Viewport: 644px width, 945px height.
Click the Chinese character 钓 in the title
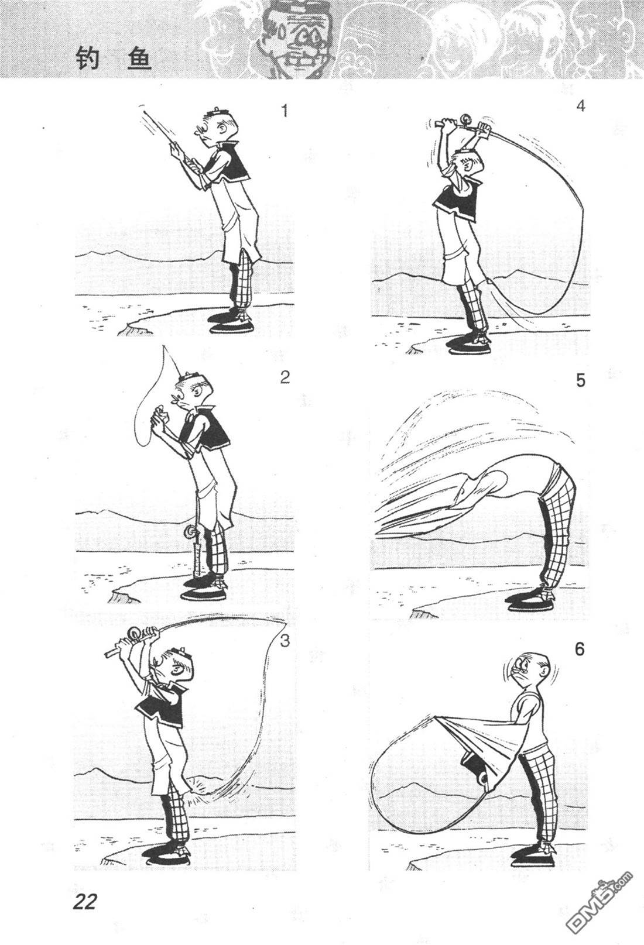tap(88, 58)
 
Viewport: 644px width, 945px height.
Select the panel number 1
tap(285, 111)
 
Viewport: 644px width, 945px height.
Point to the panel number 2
tap(285, 377)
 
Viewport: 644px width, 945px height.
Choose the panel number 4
tap(581, 106)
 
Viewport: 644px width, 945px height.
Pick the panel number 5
tap(581, 380)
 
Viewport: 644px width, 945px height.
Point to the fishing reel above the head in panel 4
tap(467, 118)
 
